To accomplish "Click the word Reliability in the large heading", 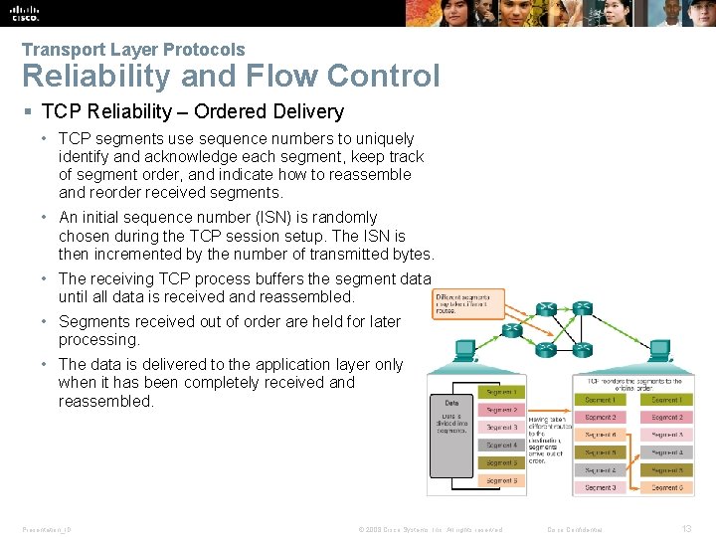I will click(x=89, y=77).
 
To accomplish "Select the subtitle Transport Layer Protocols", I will click(x=132, y=49).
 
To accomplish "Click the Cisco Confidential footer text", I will click(x=575, y=529).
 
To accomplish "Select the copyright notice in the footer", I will click(x=430, y=529).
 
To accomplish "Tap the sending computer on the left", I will click(x=463, y=352).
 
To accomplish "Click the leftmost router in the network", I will click(x=512, y=329).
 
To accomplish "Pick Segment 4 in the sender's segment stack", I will click(x=501, y=446).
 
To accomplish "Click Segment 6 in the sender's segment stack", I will click(x=501, y=480).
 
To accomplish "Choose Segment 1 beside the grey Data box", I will click(x=501, y=392).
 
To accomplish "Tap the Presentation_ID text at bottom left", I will click(x=46, y=529).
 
